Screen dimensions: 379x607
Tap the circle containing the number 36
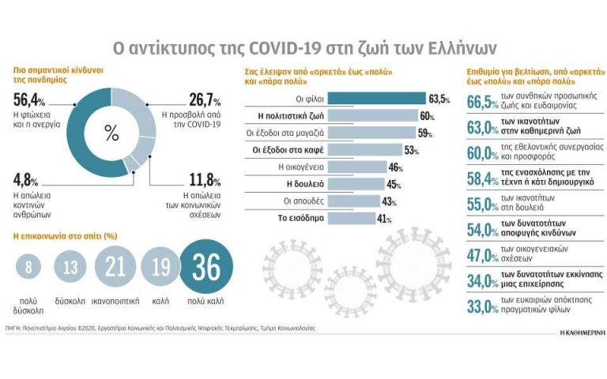point(206,268)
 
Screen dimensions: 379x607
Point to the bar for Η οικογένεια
point(356,167)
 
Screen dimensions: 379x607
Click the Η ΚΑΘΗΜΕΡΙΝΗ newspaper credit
point(576,334)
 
